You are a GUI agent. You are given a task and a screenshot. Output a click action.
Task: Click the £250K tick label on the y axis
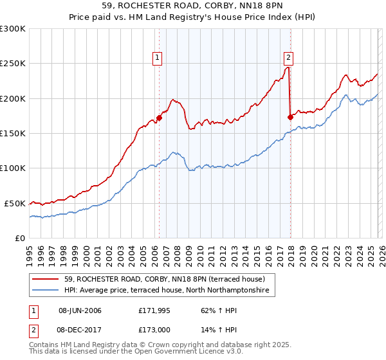pos(13,64)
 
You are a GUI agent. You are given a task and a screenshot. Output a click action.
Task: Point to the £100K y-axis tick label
pos(13,168)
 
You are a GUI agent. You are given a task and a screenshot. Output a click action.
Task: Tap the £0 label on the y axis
pos(19,238)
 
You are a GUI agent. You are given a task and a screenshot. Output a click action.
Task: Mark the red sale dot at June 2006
pos(159,118)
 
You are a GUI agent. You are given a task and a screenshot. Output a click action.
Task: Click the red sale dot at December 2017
pos(290,117)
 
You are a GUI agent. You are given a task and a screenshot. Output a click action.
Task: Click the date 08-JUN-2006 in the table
pos(80,310)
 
